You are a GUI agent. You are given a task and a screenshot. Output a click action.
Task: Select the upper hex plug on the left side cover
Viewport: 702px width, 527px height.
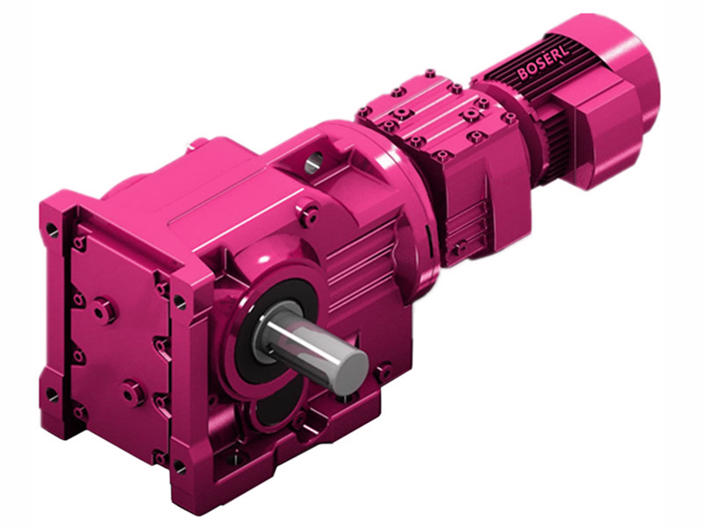(x=103, y=309)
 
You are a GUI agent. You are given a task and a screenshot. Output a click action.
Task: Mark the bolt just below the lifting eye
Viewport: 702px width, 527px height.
(x=308, y=211)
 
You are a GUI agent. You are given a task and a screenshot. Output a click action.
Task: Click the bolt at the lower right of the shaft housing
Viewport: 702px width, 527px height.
(x=383, y=372)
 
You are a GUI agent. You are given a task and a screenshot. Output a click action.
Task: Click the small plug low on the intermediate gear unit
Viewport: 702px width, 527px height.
(x=457, y=249)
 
